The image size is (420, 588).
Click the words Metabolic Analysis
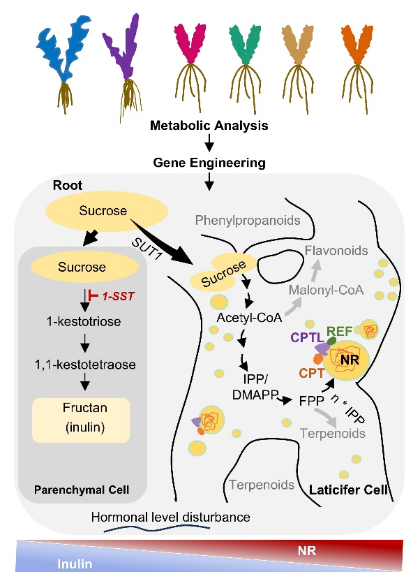coord(209,125)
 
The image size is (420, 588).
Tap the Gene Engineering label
coord(209,163)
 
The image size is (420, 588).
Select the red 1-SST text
coord(119,296)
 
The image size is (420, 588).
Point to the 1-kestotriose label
coord(84,321)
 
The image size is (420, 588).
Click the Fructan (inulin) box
coord(81,420)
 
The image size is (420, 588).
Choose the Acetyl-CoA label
coord(249,318)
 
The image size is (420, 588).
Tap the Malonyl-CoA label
coord(327,290)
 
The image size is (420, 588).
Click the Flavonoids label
coord(336,250)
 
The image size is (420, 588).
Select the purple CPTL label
coord(308,337)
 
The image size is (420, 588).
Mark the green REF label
coord(340,331)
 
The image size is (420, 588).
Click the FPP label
coord(311,401)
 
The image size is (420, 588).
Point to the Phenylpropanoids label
coord(248,220)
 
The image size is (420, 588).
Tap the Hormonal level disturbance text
coord(170,517)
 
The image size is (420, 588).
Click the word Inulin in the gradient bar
coord(75,564)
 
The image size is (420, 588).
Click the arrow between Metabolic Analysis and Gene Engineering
coord(209,142)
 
